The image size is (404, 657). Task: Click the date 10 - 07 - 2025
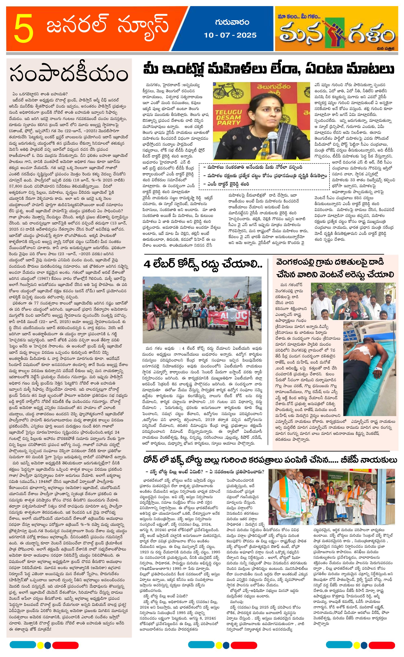point(230,35)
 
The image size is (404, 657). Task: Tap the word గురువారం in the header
point(232,22)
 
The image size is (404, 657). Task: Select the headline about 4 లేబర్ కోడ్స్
point(203,264)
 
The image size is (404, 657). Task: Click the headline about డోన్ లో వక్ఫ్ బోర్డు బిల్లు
point(270,460)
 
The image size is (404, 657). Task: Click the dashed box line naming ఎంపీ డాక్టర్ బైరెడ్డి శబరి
point(226,184)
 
